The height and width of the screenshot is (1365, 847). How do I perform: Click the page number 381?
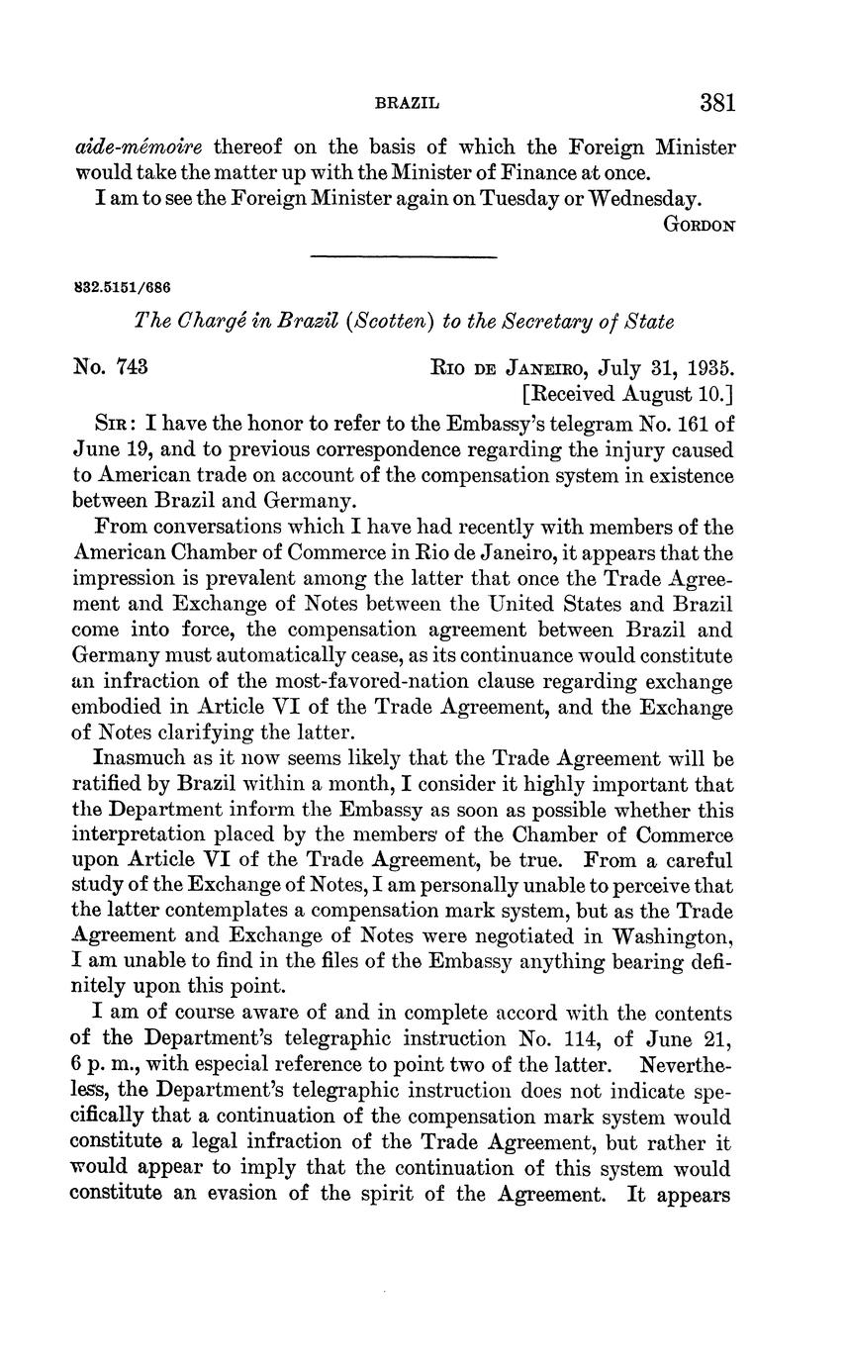point(717,103)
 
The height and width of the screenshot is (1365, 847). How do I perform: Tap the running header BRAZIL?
point(407,103)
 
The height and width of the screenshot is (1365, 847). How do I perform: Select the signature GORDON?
point(699,225)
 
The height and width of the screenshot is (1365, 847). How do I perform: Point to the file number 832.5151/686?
point(123,288)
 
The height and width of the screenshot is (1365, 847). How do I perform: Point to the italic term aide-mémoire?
point(139,147)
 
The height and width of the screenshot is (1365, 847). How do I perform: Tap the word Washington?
point(673,934)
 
